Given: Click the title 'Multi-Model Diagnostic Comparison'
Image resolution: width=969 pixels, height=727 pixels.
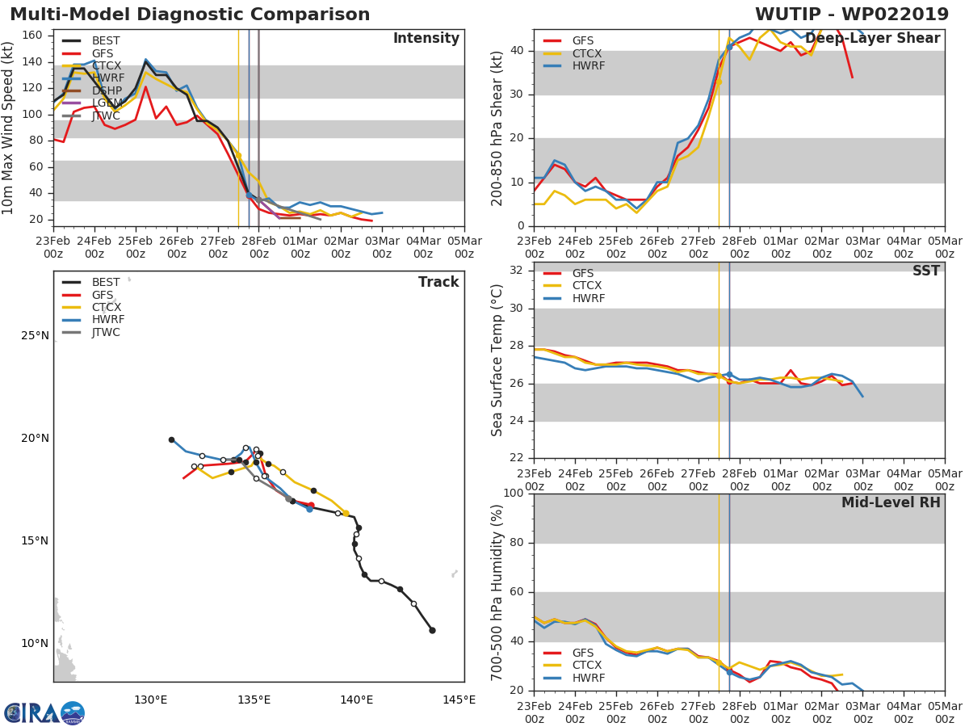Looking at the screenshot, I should click(x=190, y=15).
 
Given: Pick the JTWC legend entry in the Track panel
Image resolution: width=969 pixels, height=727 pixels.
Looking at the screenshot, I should click(x=106, y=332).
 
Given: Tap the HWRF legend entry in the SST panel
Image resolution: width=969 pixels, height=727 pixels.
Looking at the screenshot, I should click(x=588, y=298).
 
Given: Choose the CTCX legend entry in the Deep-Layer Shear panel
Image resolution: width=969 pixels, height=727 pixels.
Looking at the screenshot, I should click(x=588, y=53).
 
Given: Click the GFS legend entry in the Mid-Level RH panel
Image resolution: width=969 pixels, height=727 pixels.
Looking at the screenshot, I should click(x=583, y=653).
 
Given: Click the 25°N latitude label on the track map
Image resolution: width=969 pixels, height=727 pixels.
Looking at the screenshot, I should click(x=34, y=335).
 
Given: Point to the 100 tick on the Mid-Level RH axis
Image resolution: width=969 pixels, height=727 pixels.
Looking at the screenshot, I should click(x=514, y=494).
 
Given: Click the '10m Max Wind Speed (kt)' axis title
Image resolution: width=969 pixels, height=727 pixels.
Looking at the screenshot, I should click(x=9, y=128).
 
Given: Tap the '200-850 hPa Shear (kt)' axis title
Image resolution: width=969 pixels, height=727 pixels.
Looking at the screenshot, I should click(x=497, y=128).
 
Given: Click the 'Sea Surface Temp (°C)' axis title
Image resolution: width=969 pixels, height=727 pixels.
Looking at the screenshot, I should click(x=497, y=361).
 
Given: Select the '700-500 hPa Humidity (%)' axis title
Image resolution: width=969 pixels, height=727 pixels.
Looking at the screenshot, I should click(x=497, y=592).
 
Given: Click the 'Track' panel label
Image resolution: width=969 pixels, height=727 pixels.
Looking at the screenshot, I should click(x=438, y=282).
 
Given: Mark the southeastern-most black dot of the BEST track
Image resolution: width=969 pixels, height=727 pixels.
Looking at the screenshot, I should click(x=432, y=630).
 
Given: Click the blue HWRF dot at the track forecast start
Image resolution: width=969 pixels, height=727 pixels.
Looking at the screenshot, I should click(x=309, y=509).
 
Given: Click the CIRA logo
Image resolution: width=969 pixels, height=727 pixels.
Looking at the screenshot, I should click(x=44, y=712).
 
